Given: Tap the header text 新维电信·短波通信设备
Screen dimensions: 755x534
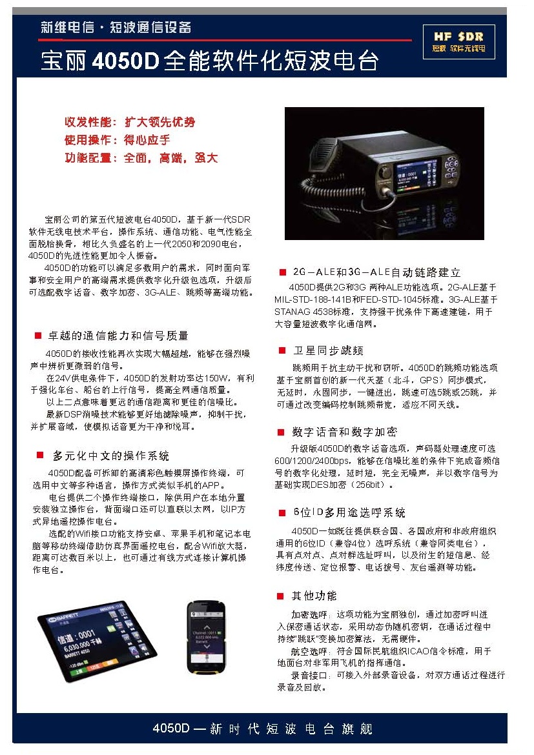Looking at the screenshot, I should pos(116,28).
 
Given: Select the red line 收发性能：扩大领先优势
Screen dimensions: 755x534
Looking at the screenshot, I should pos(129,122).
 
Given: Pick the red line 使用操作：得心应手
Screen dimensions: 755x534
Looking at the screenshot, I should pos(117,140).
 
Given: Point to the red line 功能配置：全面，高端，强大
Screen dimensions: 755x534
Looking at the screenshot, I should pos(141,158).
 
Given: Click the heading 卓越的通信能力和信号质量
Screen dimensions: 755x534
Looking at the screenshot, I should pos(119,336).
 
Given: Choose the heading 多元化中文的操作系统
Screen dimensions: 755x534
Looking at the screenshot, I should pos(111,456).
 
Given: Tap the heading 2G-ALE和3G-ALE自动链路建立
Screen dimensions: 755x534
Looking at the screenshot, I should pos(377,272).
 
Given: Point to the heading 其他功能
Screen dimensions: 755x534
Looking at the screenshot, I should pos(314,595).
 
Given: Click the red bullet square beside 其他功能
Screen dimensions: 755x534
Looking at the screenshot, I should pos(281,596).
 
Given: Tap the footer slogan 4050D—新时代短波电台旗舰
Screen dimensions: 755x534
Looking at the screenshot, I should pos(262,729).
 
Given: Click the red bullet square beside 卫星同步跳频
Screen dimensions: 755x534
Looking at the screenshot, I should pos(282,350).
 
